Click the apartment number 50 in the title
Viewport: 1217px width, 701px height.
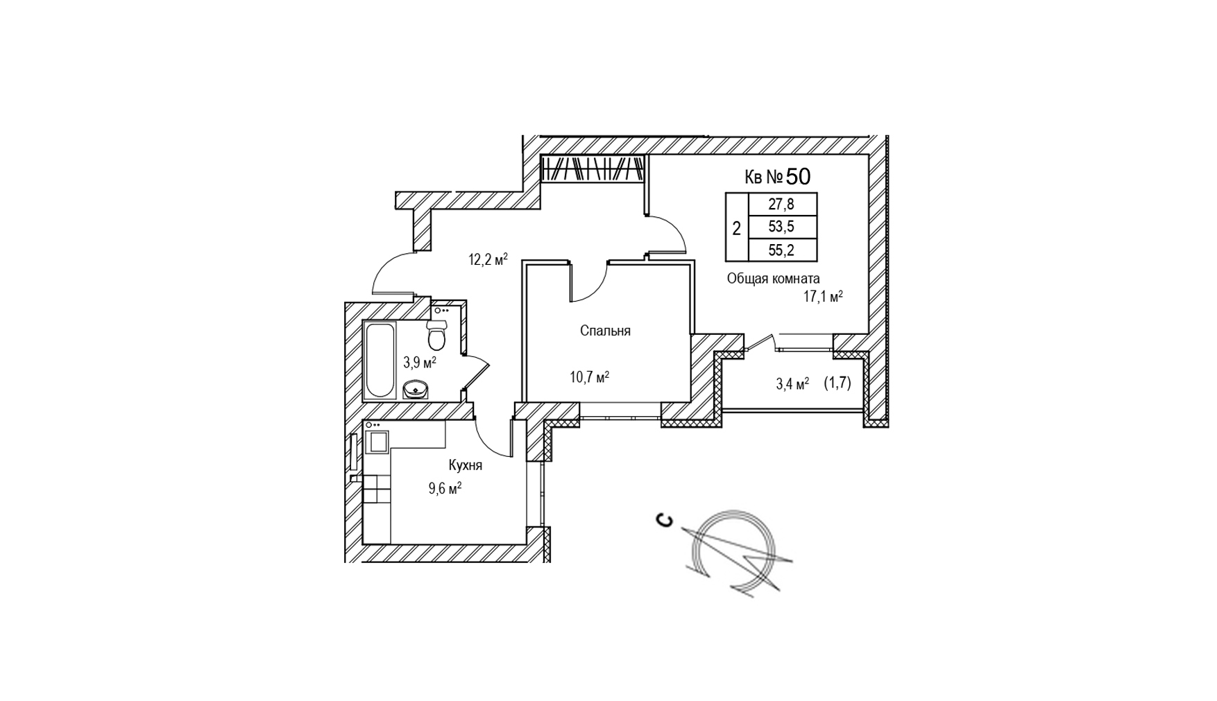(798, 177)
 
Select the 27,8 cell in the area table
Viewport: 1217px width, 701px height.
(783, 205)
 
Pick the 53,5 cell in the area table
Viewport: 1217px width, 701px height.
(783, 227)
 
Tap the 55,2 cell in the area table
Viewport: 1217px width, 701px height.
(783, 250)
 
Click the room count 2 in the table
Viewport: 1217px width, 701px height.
(737, 227)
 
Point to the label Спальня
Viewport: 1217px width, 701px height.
(605, 331)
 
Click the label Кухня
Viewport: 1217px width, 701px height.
(465, 465)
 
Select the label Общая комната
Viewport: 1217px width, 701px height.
(773, 279)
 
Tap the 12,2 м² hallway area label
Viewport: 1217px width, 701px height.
(488, 260)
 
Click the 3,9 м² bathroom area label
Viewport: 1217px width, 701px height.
(420, 361)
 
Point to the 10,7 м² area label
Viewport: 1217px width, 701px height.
(590, 377)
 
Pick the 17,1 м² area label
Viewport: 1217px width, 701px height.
(823, 297)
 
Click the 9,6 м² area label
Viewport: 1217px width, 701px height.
(445, 489)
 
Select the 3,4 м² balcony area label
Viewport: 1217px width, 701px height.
(792, 383)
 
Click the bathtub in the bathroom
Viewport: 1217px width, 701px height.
(379, 360)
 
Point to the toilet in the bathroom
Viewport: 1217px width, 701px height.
(436, 334)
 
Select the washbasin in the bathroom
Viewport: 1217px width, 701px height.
(416, 389)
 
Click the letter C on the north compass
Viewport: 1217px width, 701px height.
(665, 520)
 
